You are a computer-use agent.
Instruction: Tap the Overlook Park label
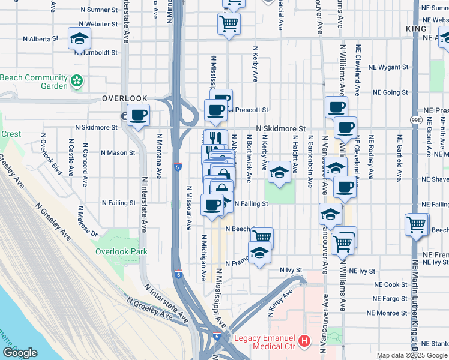121,252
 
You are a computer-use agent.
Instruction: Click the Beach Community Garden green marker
77,81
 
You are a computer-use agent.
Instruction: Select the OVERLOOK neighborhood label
124,98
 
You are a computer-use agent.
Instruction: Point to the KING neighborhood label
415,29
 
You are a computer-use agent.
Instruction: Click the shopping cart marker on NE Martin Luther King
416,225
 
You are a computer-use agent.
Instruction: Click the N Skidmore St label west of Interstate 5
96,128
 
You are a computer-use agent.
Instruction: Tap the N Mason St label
118,153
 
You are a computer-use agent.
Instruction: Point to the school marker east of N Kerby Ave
279,173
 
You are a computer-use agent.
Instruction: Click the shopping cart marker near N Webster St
229,24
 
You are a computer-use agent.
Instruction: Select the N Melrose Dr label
87,221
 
